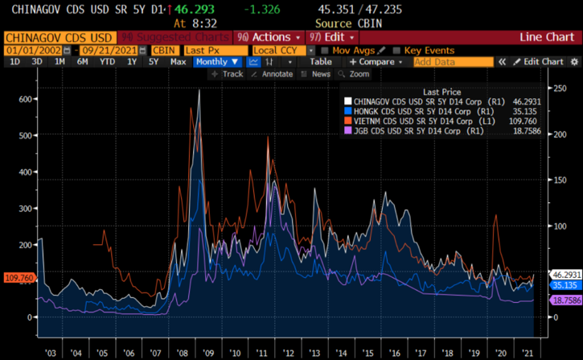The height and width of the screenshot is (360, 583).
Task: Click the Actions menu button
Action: tap(269, 37)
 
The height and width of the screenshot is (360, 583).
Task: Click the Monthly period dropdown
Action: tap(217, 62)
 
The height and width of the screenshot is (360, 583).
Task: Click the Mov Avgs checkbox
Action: tap(326, 50)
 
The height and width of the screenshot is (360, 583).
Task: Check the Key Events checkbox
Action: tap(397, 50)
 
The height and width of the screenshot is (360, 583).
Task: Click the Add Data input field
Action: tap(451, 62)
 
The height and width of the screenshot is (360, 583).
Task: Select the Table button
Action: tap(320, 62)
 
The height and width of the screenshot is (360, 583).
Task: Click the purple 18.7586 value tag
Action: tap(565, 300)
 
